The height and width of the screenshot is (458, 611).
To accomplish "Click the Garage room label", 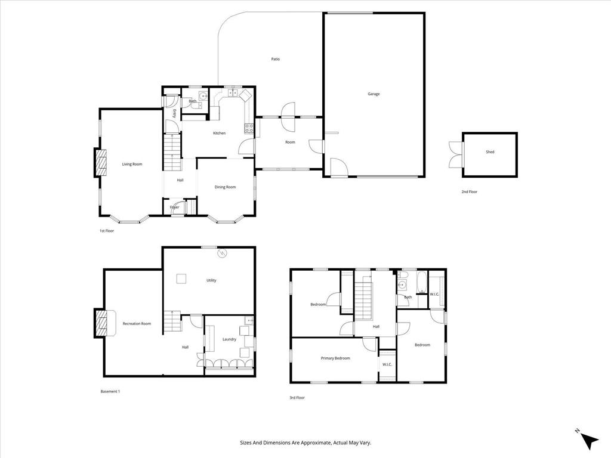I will [374, 94].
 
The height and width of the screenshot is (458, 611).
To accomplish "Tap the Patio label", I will [275, 59].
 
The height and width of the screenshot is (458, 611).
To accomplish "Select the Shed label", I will [490, 152].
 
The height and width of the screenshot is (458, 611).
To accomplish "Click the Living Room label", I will [132, 164].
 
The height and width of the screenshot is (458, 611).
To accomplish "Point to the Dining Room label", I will [225, 187].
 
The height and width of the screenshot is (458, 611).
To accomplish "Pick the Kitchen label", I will [220, 133].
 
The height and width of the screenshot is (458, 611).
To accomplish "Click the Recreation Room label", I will [137, 323].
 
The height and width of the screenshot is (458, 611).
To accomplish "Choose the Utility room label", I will [211, 280].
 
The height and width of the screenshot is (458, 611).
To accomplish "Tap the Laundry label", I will [230, 339].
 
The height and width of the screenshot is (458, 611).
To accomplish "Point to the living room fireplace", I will [100, 162].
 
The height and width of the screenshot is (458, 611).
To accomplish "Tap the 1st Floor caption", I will [107, 231].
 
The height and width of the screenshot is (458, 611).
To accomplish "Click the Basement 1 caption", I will [110, 391].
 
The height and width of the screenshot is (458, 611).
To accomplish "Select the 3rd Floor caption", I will [297, 397].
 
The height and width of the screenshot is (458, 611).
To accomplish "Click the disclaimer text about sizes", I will [305, 443].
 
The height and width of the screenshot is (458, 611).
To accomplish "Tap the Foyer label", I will [174, 208].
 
